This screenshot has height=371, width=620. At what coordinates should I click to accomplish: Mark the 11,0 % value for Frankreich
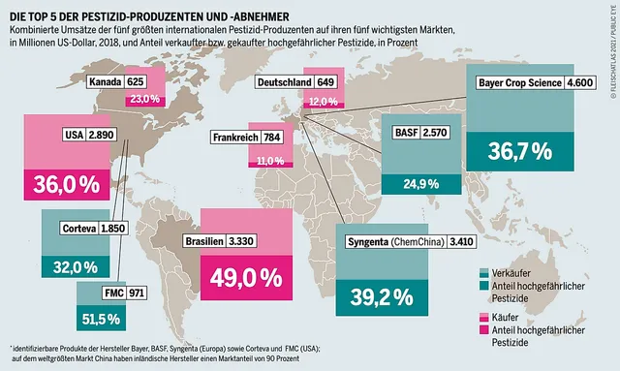pyautogui.click(x=269, y=160)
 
